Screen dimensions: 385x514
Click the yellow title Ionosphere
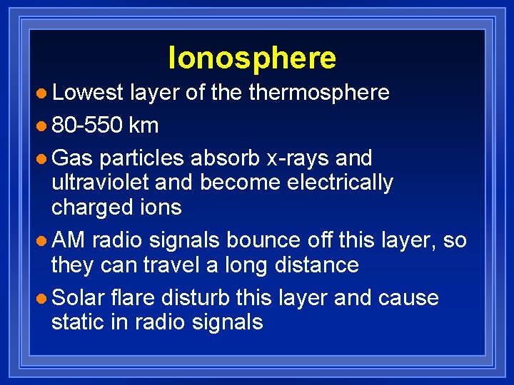tap(252, 58)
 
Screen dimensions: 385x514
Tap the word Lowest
tap(87, 92)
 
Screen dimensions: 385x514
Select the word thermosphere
tap(318, 92)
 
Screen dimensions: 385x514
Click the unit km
tap(144, 125)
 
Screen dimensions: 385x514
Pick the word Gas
tap(73, 157)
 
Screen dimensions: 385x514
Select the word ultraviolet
tap(100, 183)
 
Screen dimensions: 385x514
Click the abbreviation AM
tap(69, 240)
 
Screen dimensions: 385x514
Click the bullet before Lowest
tap(43, 93)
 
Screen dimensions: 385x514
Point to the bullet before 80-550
tap(43, 126)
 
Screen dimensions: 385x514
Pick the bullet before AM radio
tap(43, 240)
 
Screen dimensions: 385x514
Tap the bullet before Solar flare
tap(43, 297)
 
